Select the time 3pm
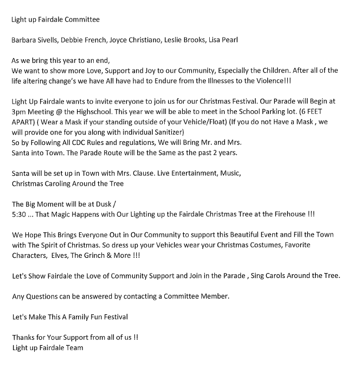click(20, 111)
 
